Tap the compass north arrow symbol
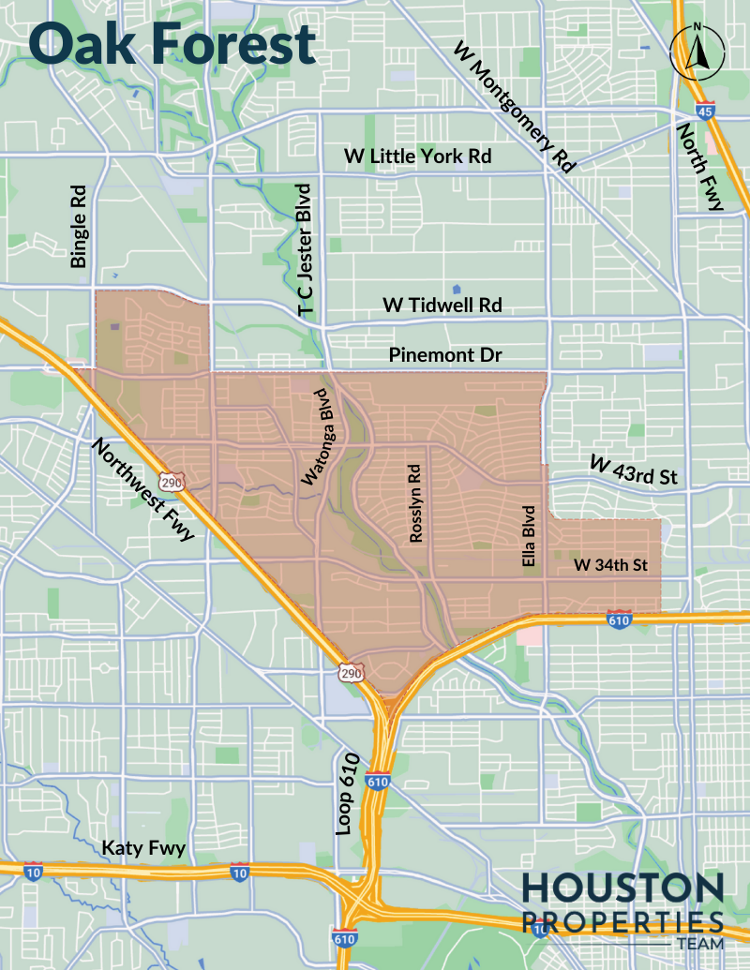point(697,52)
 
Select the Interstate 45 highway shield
point(704,110)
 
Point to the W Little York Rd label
point(417,157)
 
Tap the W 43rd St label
point(633,470)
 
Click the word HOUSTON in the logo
point(622,888)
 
